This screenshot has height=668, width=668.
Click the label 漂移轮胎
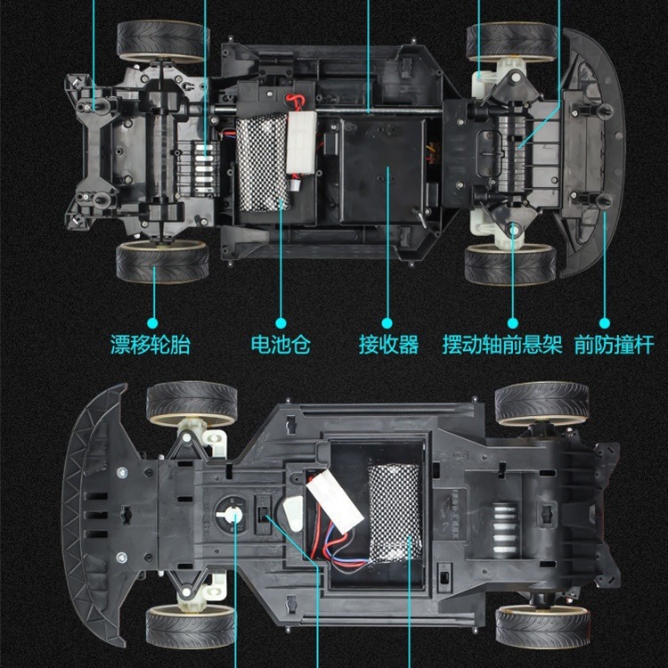pos(151,345)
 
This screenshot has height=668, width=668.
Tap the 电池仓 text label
pos(281,345)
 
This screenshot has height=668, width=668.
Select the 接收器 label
pos(388,345)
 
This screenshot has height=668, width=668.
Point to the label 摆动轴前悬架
pos(502,345)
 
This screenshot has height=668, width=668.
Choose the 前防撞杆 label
pos(615,345)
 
